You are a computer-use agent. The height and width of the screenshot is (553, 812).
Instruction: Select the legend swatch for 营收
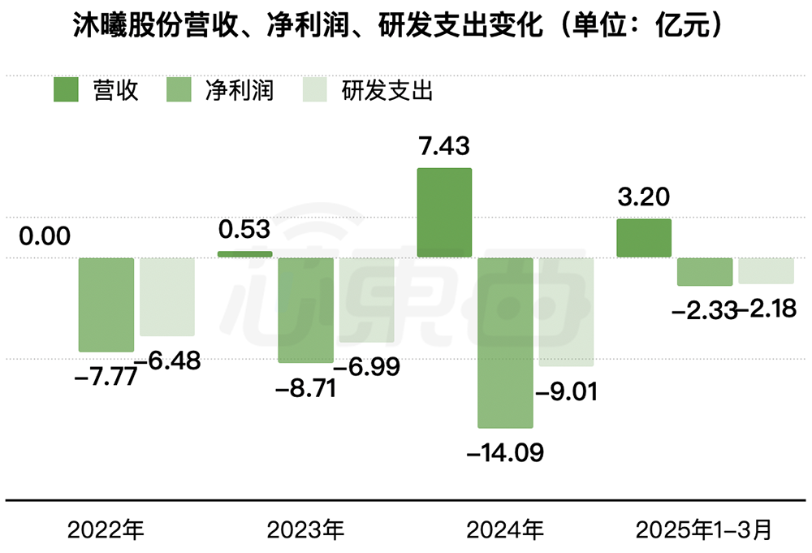[x=67, y=90]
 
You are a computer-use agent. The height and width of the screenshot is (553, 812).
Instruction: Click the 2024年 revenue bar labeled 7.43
[x=444, y=213]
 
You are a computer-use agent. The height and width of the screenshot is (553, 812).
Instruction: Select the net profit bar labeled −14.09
[x=505, y=342]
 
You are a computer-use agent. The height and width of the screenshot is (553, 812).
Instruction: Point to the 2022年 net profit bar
[x=106, y=305]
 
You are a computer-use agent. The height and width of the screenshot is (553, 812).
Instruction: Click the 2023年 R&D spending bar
[x=367, y=300]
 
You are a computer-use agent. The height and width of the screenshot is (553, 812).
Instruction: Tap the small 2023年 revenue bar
[x=245, y=254]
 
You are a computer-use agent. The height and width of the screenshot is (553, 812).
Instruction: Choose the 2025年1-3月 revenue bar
[x=644, y=239]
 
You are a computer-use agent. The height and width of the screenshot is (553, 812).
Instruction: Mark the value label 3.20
[x=644, y=197]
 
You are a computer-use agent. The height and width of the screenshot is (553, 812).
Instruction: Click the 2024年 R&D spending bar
[x=567, y=312]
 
